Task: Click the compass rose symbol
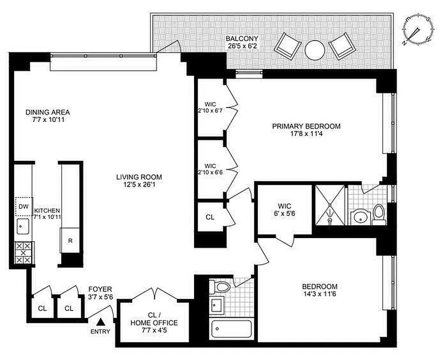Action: click(x=419, y=31)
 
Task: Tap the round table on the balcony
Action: click(x=314, y=50)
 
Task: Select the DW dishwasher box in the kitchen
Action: click(x=23, y=207)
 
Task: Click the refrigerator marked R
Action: click(x=70, y=240)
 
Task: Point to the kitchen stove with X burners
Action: click(x=24, y=253)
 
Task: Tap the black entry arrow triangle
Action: click(x=102, y=322)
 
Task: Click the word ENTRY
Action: click(x=100, y=332)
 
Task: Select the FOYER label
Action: click(x=100, y=289)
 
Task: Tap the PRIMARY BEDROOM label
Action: click(x=306, y=126)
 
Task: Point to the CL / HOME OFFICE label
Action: click(x=154, y=319)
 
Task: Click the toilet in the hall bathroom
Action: click(x=221, y=287)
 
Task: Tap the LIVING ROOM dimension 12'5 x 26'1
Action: click(x=139, y=185)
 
